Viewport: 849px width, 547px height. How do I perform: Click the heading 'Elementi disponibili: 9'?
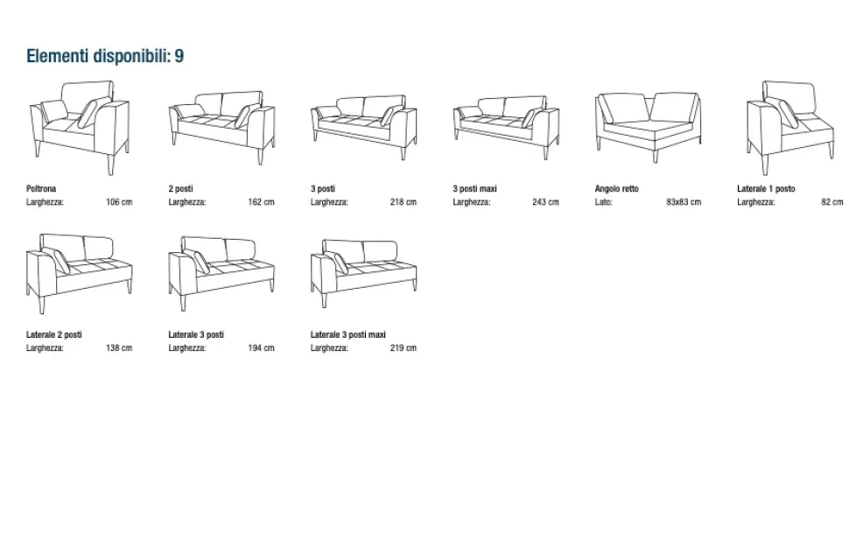[105, 56]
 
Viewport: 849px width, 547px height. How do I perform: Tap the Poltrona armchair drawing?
[80, 128]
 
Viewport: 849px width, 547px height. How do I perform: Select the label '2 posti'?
[180, 188]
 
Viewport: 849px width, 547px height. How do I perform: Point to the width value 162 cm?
[261, 202]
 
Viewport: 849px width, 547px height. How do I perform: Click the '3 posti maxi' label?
[474, 188]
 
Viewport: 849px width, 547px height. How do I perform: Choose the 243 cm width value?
[545, 202]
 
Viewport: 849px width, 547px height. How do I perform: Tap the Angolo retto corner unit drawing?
[648, 128]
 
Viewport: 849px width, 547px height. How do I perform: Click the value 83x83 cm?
[684, 202]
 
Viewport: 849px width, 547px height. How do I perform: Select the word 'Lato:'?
[603, 202]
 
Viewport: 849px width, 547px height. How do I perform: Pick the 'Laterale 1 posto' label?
[766, 188]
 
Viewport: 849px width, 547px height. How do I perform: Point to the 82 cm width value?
[831, 202]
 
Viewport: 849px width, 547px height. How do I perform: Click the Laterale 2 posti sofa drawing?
[79, 273]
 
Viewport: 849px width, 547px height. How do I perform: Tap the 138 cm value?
[119, 347]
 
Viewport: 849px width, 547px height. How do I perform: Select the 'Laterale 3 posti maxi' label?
[347, 334]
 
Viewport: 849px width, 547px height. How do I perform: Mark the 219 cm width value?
[403, 347]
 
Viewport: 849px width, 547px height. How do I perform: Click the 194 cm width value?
[261, 347]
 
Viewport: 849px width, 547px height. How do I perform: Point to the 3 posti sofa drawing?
[364, 128]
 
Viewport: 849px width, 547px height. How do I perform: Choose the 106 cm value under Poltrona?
[119, 202]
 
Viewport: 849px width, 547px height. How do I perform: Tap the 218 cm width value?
[403, 202]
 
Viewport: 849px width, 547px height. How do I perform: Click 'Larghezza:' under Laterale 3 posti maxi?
[329, 347]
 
